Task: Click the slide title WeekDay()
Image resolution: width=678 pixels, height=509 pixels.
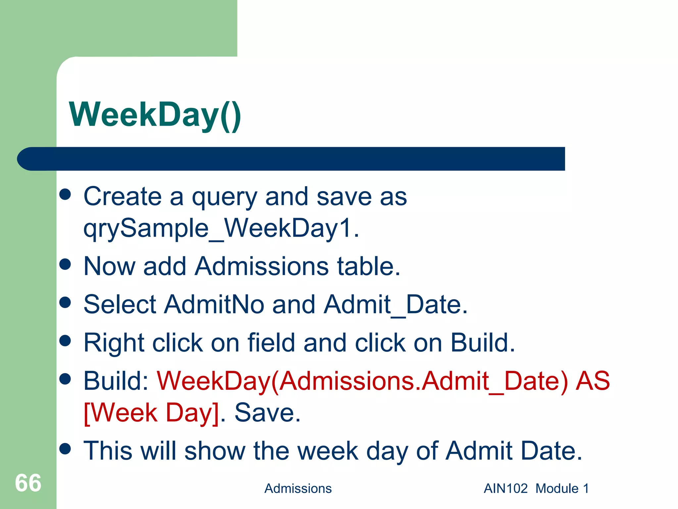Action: pos(155,115)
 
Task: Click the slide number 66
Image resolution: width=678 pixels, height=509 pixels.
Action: pos(28,483)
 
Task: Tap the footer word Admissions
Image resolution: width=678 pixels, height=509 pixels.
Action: pos(298,488)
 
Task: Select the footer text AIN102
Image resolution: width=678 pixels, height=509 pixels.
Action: pos(506,488)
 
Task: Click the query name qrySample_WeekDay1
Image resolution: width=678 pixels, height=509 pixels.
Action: pos(221,229)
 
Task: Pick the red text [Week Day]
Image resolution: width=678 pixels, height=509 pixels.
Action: pos(151,413)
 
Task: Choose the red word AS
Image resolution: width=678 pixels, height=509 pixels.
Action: pos(593,381)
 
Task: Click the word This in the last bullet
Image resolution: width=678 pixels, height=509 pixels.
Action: pos(108,451)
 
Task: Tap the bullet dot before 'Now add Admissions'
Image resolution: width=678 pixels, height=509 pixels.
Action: pos(65,264)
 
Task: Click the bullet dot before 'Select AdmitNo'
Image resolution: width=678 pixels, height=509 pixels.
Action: pos(65,302)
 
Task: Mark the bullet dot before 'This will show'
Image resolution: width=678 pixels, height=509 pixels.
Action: pos(65,449)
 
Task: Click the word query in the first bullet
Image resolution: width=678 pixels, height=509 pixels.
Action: pos(224,197)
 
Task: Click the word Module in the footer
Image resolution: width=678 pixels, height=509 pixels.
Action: pos(557,488)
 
